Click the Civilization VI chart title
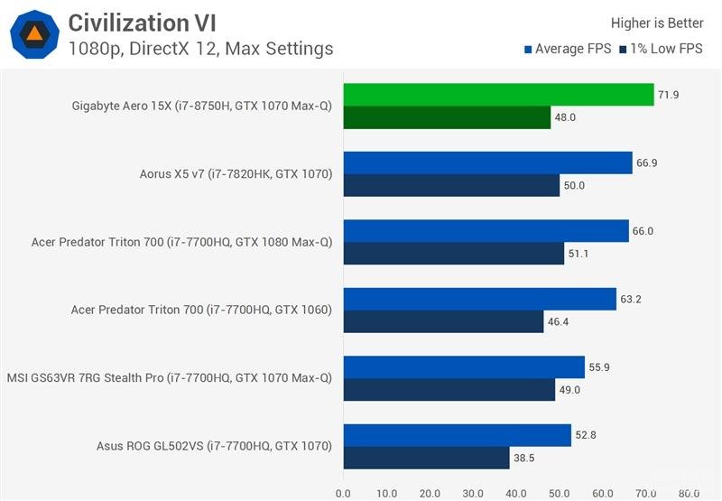click(143, 22)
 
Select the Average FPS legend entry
click(568, 49)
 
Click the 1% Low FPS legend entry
click(662, 49)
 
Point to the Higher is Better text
click(657, 23)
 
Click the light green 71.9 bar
click(498, 95)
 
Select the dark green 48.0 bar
click(447, 117)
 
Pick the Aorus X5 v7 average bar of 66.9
click(487, 162)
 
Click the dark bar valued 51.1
click(453, 254)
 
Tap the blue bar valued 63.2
click(479, 299)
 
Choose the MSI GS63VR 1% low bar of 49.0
click(449, 389)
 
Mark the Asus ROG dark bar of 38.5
click(426, 458)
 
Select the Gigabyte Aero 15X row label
click(201, 107)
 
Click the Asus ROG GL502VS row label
click(214, 446)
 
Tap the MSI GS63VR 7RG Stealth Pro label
click(169, 378)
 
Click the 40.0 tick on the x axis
click(516, 493)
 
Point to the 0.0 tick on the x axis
click(343, 493)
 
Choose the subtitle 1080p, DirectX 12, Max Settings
click(200, 49)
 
